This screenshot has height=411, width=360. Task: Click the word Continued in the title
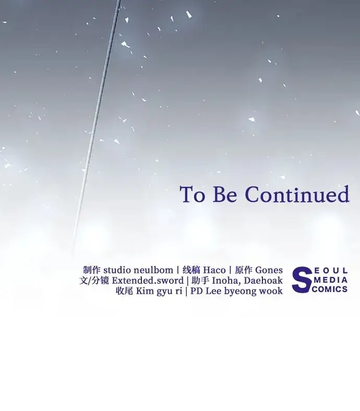pyautogui.click(x=297, y=194)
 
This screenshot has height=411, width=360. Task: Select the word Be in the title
pyautogui.click(x=225, y=194)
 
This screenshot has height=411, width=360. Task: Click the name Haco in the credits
pyautogui.click(x=214, y=270)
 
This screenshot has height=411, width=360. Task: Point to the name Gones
pyautogui.click(x=269, y=270)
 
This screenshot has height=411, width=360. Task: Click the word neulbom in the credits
pyautogui.click(x=153, y=270)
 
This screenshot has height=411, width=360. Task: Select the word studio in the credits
pyautogui.click(x=117, y=270)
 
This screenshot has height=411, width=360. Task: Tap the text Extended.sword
pyautogui.click(x=148, y=281)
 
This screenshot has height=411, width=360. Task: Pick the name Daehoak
pyautogui.click(x=263, y=281)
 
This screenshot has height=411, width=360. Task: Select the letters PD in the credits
pyautogui.click(x=196, y=291)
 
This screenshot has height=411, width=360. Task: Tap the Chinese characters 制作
pyautogui.click(x=92, y=270)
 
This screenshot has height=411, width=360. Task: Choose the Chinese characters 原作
pyautogui.click(x=244, y=270)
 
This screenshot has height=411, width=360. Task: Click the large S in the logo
pyautogui.click(x=302, y=280)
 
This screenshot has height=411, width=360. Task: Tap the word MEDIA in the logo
pyautogui.click(x=331, y=280)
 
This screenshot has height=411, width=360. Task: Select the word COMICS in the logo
pyautogui.click(x=330, y=289)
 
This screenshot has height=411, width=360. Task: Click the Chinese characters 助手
pyautogui.click(x=200, y=281)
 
